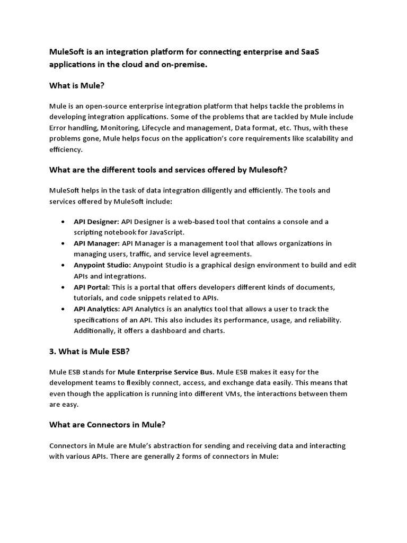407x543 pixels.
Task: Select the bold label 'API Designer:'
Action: [96, 222]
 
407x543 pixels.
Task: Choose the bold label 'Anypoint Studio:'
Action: [102, 265]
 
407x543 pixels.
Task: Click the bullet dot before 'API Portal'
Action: [63, 287]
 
